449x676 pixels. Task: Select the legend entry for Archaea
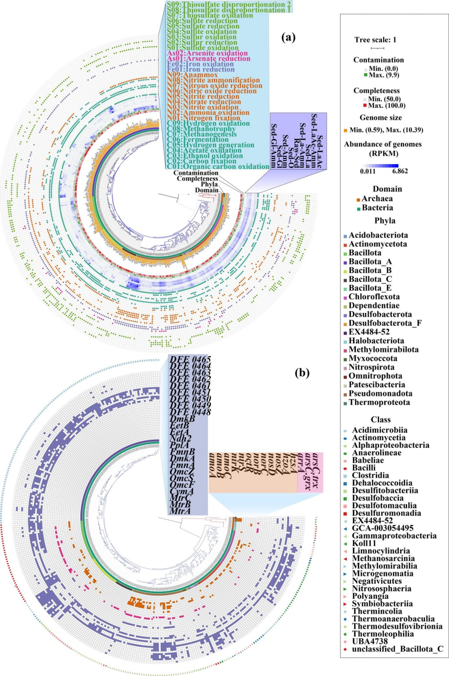point(377,199)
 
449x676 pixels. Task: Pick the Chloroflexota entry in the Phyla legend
point(374,297)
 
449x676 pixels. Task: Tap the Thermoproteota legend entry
point(379,402)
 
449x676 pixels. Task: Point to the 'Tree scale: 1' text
point(376,40)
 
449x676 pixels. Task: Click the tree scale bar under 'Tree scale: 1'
point(377,48)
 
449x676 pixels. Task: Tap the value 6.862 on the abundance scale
point(399,171)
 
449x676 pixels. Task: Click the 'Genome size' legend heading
point(381,118)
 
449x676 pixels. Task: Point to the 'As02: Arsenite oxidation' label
point(208,53)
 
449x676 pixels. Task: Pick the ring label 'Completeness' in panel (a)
point(197,179)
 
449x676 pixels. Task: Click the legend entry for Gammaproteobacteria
point(394,536)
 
